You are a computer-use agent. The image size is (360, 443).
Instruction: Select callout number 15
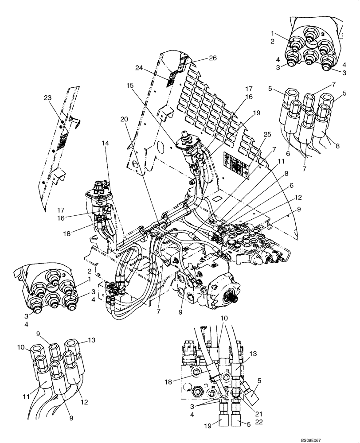(129, 85)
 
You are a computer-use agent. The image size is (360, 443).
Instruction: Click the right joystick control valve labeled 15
(190, 146)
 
